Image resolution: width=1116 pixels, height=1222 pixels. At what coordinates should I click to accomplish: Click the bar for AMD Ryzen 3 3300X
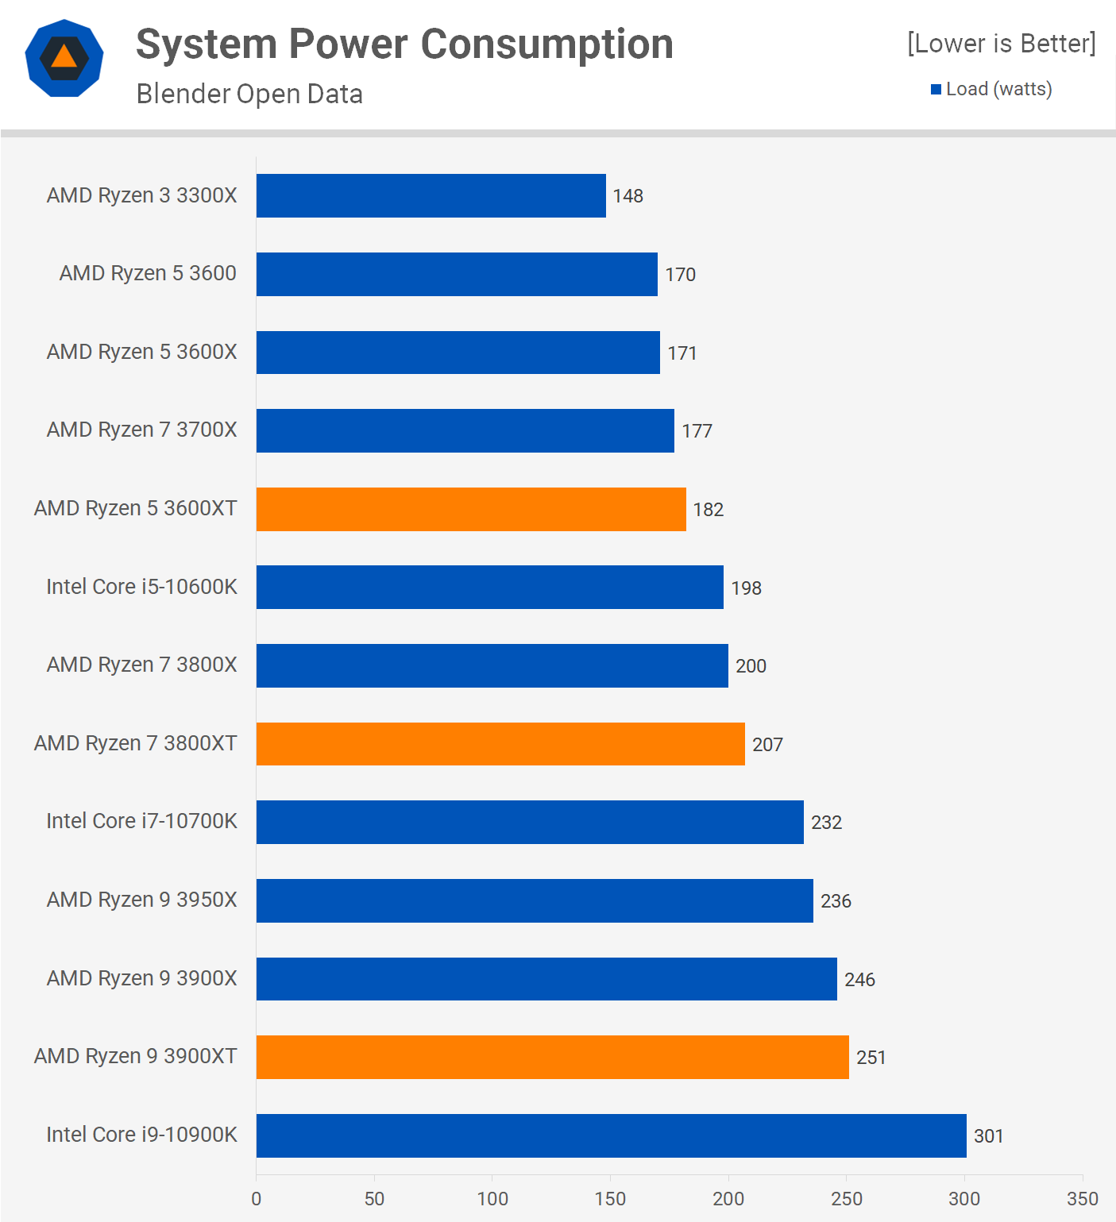(431, 195)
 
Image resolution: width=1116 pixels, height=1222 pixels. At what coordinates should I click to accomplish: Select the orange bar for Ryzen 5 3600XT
(471, 509)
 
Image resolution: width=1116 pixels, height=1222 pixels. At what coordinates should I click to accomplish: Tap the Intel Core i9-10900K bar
(611, 1135)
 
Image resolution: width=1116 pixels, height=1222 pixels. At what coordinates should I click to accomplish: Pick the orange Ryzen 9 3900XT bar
(552, 1057)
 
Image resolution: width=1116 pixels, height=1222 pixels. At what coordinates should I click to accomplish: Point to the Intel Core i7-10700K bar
(530, 822)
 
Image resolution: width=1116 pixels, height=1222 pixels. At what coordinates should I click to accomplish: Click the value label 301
(988, 1136)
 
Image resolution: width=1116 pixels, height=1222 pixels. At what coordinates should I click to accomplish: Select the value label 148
(628, 196)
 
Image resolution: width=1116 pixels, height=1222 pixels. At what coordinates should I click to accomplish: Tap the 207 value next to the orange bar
(767, 745)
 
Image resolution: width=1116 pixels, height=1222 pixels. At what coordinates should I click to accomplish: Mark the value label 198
(746, 588)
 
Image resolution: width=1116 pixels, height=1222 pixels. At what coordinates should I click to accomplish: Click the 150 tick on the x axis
(610, 1199)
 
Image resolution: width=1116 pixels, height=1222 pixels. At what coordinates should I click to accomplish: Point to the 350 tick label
(1083, 1199)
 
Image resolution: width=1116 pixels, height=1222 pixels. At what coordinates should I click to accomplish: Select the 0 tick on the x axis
(256, 1199)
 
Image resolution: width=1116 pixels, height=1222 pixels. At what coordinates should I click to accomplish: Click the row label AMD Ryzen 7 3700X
(141, 430)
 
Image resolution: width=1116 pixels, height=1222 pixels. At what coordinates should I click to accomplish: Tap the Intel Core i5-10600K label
(141, 587)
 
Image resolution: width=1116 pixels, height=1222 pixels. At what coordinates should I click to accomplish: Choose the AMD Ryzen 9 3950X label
(141, 900)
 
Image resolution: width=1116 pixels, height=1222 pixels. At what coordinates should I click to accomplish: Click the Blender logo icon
(64, 58)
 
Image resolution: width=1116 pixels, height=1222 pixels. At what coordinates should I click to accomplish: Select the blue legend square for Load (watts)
(936, 89)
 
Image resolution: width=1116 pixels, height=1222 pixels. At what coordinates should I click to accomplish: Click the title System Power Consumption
(404, 44)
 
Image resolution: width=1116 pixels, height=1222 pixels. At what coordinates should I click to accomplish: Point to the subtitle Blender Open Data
(249, 94)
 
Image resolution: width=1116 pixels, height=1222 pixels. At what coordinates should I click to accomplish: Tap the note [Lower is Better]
(1001, 43)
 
